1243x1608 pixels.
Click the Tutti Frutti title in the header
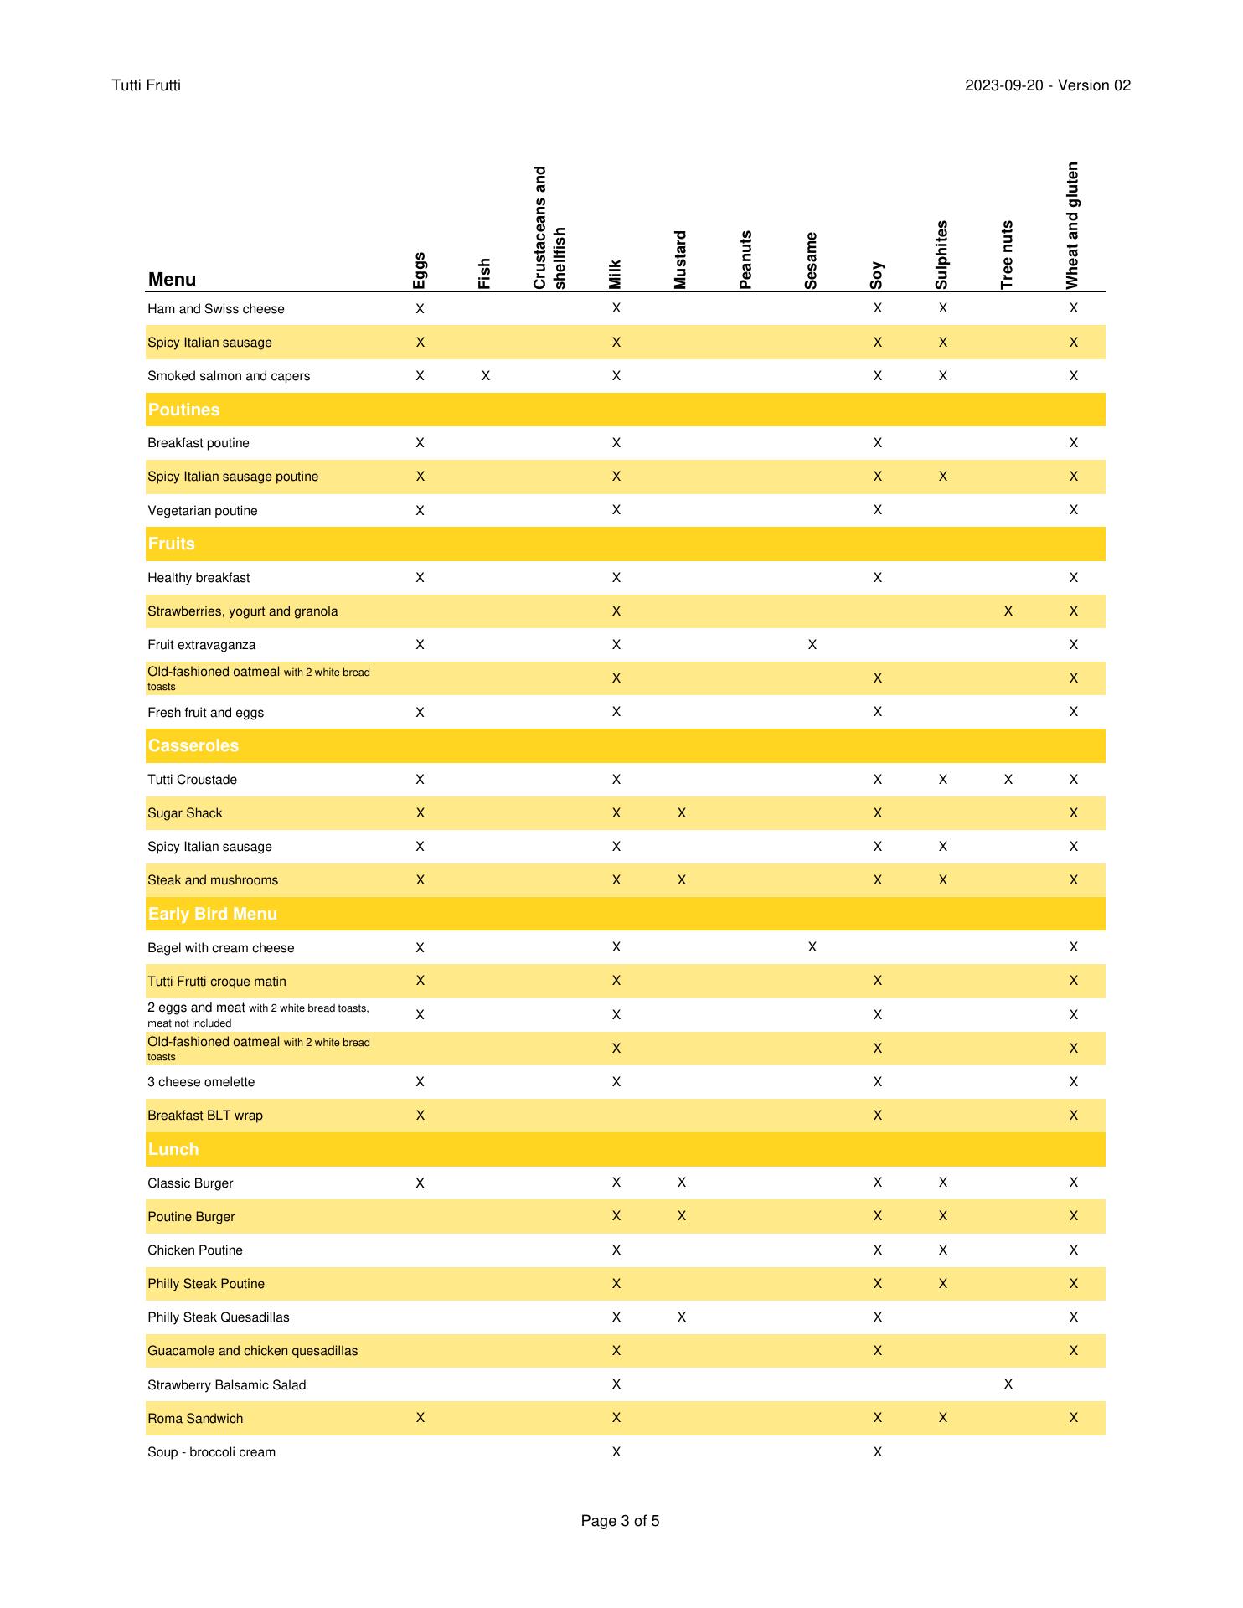click(147, 85)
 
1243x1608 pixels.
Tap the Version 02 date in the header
click(1047, 85)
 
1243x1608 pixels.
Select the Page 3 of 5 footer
click(620, 1521)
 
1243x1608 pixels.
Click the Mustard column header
click(681, 260)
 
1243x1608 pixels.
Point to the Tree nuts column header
click(1008, 255)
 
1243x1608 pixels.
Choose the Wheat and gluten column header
click(1073, 225)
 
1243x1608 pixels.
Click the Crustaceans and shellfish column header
click(550, 228)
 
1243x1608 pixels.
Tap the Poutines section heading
click(184, 410)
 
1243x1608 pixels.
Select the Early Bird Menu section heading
click(213, 914)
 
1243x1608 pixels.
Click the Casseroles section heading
click(193, 745)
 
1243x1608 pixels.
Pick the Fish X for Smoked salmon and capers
click(486, 376)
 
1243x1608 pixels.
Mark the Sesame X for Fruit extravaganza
click(812, 645)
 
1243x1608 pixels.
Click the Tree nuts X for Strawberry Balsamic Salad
click(1008, 1384)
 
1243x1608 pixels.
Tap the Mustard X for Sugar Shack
click(681, 813)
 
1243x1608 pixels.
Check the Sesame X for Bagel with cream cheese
click(812, 947)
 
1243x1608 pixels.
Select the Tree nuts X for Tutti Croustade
click(1008, 780)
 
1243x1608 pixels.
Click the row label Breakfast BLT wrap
click(205, 1116)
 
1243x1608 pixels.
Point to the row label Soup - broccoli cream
click(212, 1452)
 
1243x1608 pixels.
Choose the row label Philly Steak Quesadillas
click(219, 1317)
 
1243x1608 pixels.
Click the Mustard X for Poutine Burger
click(681, 1216)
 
